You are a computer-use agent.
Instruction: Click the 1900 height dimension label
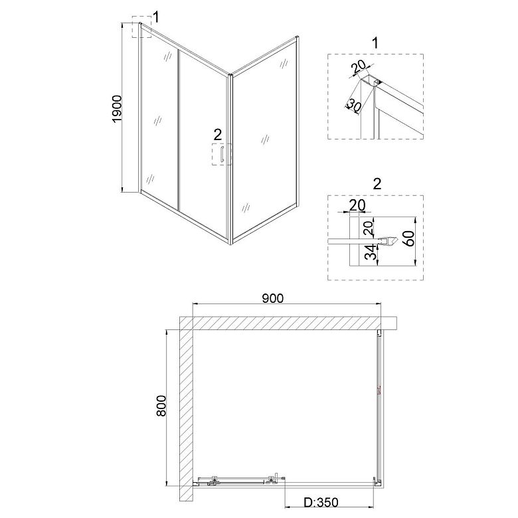click(x=117, y=110)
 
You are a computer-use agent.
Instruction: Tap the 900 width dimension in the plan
click(x=272, y=298)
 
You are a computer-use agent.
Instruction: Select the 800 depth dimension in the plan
click(x=161, y=406)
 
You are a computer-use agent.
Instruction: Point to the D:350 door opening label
click(x=321, y=503)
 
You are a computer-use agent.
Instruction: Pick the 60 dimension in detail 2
click(x=409, y=238)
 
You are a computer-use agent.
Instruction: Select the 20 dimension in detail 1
click(x=359, y=66)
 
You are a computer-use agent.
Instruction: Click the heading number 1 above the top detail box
click(x=375, y=43)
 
